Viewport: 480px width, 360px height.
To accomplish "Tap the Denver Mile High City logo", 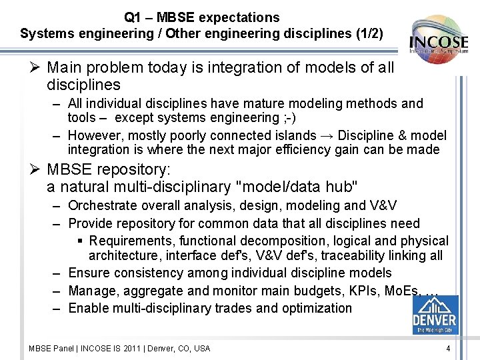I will click(435, 314).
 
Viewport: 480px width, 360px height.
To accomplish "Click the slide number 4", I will click(448, 348).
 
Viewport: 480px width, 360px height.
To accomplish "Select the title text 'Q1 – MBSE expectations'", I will click(201, 17).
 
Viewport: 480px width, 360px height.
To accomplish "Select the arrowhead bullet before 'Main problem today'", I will click(37, 67).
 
